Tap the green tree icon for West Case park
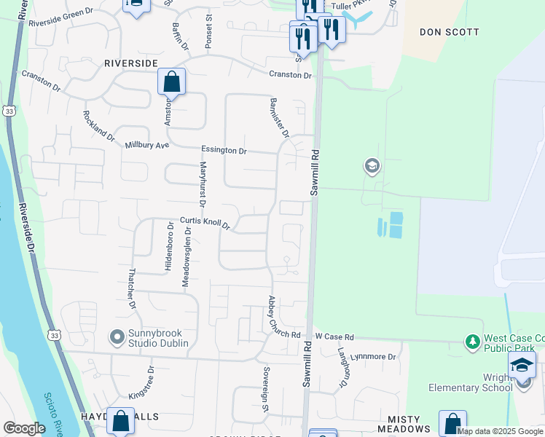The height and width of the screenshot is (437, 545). click(x=473, y=341)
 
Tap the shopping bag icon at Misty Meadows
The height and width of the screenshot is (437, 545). click(x=452, y=423)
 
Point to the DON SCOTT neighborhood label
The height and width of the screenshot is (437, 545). click(x=450, y=32)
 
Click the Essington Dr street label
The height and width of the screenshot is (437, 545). click(x=224, y=150)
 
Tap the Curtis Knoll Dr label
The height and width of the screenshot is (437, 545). click(x=205, y=222)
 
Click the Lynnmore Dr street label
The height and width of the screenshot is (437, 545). click(x=372, y=357)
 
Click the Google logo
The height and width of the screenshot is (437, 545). click(x=24, y=428)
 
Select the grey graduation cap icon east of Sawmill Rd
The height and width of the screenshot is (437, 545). click(x=372, y=167)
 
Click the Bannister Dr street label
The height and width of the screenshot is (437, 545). click(x=280, y=118)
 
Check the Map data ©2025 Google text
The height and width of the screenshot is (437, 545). click(x=499, y=431)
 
